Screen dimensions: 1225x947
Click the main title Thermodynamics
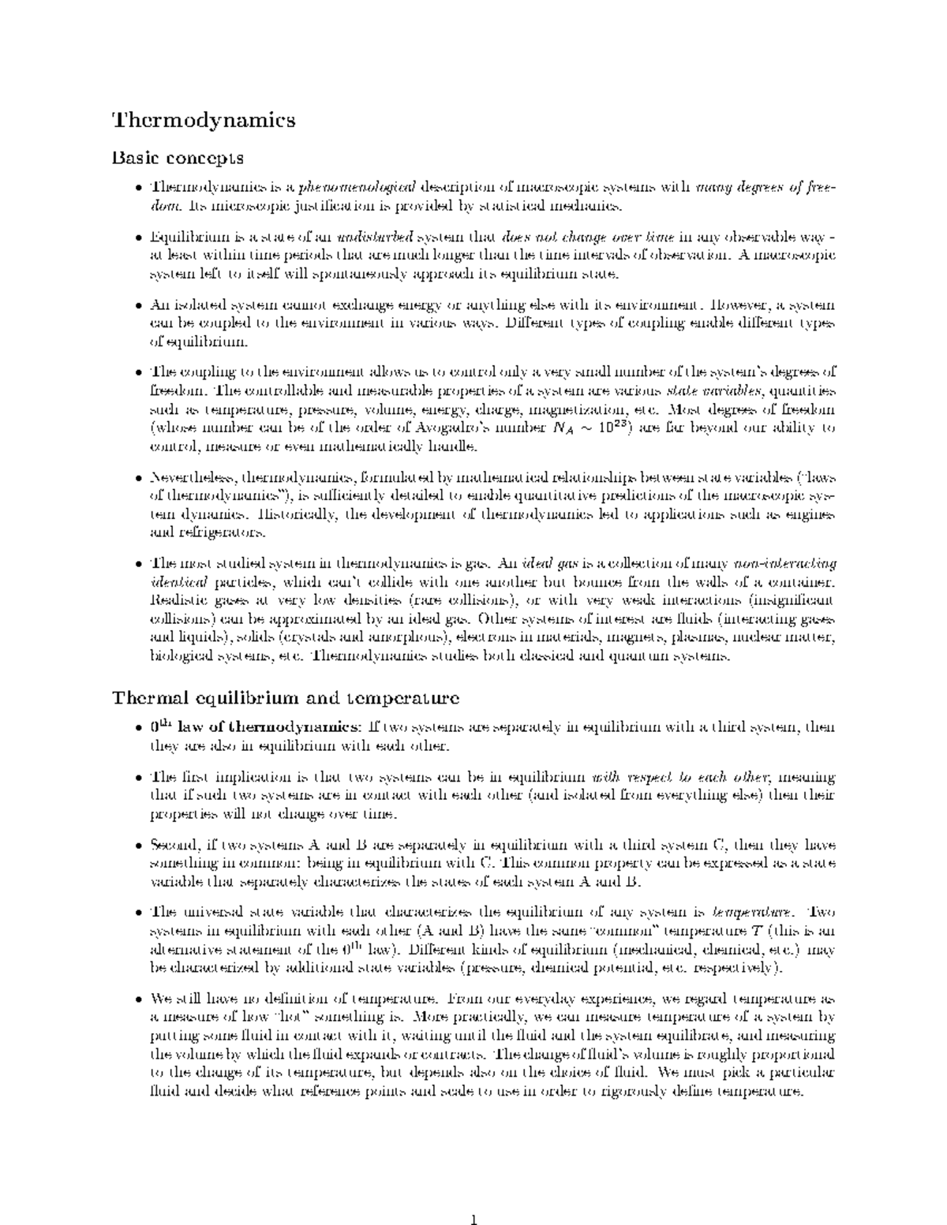[x=204, y=120]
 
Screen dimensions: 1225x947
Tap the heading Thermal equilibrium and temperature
[x=286, y=697]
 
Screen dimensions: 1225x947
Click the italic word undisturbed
[x=375, y=237]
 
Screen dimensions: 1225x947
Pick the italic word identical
[x=178, y=583]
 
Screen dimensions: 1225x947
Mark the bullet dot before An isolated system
[x=140, y=305]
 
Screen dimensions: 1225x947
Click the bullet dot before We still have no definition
[x=140, y=999]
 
